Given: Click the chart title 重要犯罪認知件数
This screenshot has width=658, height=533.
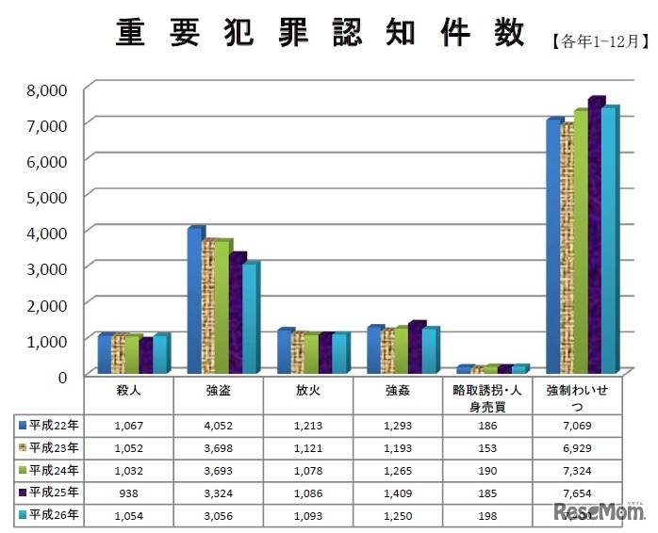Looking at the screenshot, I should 320,34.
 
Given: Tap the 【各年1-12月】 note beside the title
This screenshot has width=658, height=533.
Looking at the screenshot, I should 599,41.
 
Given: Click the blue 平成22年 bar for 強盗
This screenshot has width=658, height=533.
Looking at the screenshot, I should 195,301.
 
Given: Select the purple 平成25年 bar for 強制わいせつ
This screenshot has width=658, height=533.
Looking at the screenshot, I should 596,235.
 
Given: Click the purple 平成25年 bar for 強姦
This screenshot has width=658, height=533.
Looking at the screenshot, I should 416,347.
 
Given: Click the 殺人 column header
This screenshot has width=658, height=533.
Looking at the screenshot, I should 128,388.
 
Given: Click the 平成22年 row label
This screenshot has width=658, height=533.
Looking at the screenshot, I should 48,425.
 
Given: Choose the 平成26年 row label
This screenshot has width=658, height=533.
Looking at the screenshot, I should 48,514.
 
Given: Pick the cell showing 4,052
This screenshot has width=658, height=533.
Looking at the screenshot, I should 218,426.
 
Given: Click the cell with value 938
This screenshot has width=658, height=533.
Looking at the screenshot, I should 128,493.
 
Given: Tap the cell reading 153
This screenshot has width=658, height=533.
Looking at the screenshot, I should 486,448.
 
